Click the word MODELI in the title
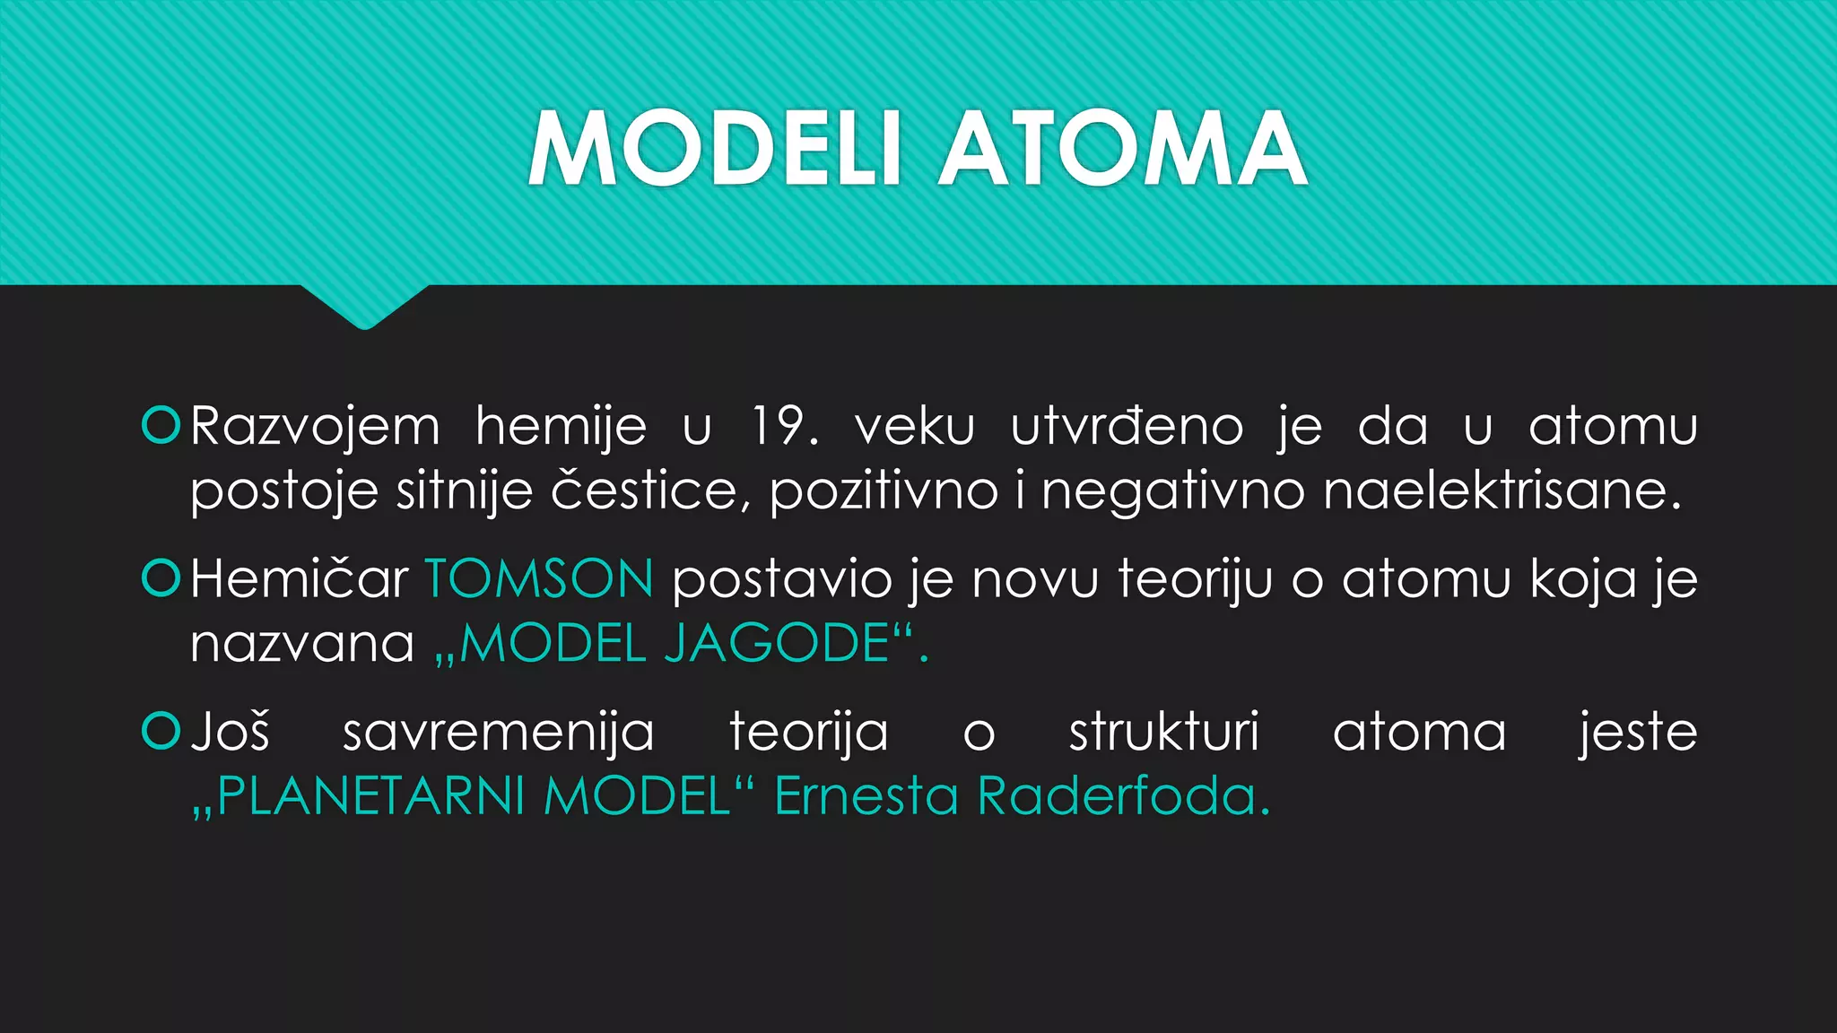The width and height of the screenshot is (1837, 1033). pyautogui.click(x=714, y=149)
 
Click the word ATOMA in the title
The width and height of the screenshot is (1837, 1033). pyautogui.click(x=1122, y=149)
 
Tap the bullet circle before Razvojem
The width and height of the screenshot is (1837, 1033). pyautogui.click(x=161, y=425)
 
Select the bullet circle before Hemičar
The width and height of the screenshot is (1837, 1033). pyautogui.click(x=161, y=578)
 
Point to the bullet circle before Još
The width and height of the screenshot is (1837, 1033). pyautogui.click(x=161, y=731)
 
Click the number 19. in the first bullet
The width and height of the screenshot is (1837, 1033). pyautogui.click(x=785, y=426)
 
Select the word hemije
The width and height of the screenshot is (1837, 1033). pyautogui.click(x=561, y=428)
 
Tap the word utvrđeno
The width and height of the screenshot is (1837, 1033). pyautogui.click(x=1127, y=426)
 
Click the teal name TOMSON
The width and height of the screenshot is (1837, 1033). pyautogui.click(x=539, y=578)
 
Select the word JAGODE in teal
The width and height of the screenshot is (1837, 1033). pyautogui.click(x=777, y=643)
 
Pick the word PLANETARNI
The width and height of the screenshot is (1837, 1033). pyautogui.click(x=370, y=795)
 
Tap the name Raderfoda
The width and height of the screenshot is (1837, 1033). pyautogui.click(x=1123, y=795)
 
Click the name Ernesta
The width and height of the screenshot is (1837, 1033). pyautogui.click(x=866, y=795)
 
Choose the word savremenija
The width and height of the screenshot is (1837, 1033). pyautogui.click(x=499, y=733)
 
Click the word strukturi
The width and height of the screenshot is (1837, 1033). pyautogui.click(x=1163, y=732)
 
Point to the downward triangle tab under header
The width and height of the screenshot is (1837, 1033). pyautogui.click(x=364, y=305)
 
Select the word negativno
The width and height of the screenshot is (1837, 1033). pyautogui.click(x=1172, y=491)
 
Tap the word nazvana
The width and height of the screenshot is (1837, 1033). pyautogui.click(x=302, y=644)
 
